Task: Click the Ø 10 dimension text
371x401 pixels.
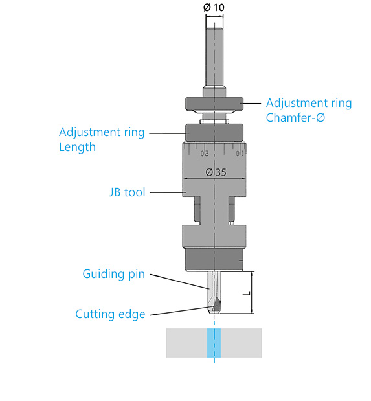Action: [x=214, y=7]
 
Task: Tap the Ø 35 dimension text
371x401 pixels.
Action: [x=216, y=172]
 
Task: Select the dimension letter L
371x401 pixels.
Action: [x=247, y=293]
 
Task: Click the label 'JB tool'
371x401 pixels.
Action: [x=128, y=192]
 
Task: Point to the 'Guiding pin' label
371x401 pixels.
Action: [x=114, y=275]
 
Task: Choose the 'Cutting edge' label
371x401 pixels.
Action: [x=110, y=314]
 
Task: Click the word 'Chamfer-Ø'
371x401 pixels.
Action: [x=295, y=118]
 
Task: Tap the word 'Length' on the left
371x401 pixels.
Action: [x=77, y=147]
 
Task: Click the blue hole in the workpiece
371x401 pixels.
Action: [x=214, y=343]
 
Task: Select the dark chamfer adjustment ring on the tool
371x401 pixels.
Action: [x=214, y=104]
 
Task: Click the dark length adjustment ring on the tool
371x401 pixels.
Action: [x=214, y=132]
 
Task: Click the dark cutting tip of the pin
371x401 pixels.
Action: [x=216, y=304]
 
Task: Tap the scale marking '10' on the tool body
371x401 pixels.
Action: [x=240, y=153]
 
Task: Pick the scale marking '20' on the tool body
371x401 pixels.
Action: [x=205, y=154]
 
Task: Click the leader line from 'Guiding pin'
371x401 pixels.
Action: [x=180, y=282]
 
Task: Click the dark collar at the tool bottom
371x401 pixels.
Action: [x=214, y=260]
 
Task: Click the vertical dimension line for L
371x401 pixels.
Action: [x=252, y=293]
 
